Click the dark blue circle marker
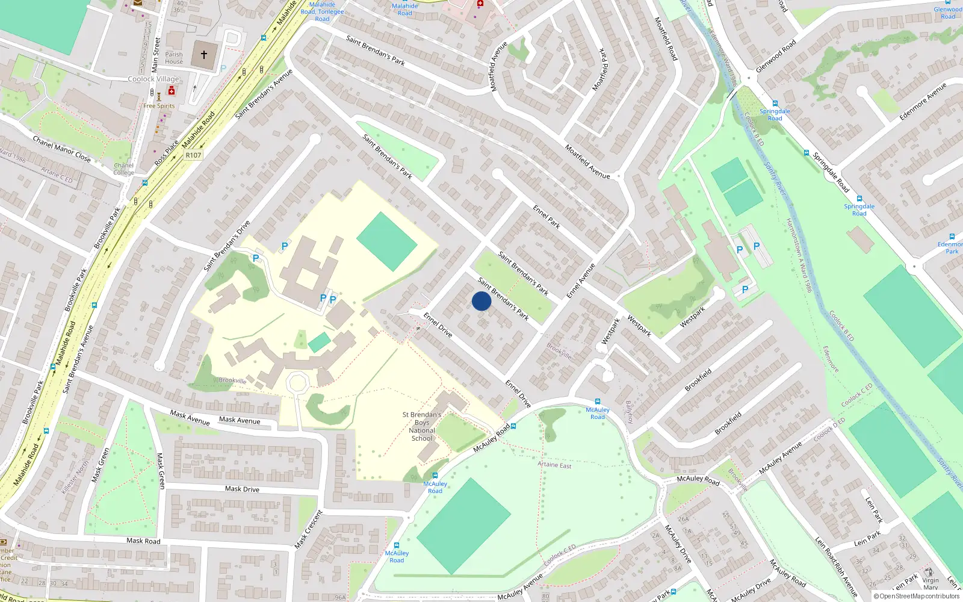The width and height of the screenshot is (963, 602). click(x=482, y=301)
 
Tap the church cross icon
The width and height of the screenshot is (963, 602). click(x=204, y=55)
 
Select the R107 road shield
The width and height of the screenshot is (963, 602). click(x=193, y=155)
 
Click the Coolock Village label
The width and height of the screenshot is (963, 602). click(x=153, y=79)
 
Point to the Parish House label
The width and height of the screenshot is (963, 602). click(x=174, y=58)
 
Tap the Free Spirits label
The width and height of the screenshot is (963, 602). click(x=159, y=106)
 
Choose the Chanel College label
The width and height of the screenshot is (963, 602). click(x=124, y=169)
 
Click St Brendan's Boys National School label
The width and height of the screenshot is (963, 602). click(x=422, y=426)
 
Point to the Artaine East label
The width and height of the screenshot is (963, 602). click(x=554, y=465)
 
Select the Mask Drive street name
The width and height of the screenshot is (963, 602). click(x=242, y=489)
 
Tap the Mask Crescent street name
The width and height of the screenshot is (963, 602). click(x=309, y=529)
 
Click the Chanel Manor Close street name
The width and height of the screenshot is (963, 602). click(x=61, y=149)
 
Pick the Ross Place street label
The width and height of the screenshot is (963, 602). click(x=167, y=153)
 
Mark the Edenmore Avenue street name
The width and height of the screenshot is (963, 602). click(x=923, y=101)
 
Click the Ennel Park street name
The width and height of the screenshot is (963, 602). click(x=547, y=217)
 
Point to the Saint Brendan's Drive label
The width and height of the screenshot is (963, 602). click(x=227, y=246)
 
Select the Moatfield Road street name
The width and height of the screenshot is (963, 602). click(x=666, y=39)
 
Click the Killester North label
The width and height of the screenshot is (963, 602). click(x=75, y=476)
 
